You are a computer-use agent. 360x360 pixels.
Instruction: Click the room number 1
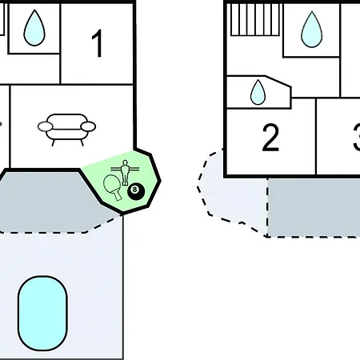[98, 43]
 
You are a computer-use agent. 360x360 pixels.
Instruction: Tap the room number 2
[270, 138]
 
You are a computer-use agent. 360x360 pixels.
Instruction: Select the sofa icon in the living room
[66, 130]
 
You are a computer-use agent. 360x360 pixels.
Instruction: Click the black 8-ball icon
[136, 191]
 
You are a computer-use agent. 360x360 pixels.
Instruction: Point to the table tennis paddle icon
[113, 186]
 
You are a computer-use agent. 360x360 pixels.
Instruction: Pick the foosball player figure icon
[125, 172]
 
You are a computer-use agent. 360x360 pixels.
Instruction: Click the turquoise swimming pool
[42, 314]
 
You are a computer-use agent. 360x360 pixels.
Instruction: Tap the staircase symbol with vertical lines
[254, 19]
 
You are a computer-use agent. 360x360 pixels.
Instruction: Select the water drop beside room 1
[34, 28]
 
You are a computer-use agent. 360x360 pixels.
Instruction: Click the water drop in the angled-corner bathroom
[258, 92]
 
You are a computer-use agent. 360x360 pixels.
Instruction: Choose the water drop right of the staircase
[311, 30]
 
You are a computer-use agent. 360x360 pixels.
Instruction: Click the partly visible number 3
[356, 138]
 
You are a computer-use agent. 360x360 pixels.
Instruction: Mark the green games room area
[128, 182]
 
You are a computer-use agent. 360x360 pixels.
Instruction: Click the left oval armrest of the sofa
[46, 126]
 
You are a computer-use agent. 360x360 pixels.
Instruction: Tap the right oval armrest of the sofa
[88, 126]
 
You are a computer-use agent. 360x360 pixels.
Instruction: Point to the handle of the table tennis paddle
[118, 196]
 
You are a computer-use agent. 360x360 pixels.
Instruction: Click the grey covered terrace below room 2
[314, 207]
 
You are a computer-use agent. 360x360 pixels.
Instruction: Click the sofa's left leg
[53, 143]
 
